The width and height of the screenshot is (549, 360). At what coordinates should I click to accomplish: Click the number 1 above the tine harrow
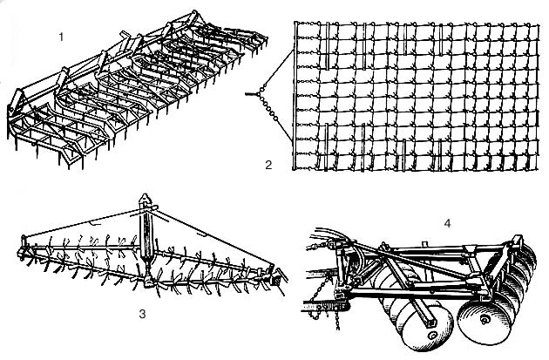click(59, 37)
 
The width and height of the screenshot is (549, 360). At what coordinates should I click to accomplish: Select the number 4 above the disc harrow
click(447, 224)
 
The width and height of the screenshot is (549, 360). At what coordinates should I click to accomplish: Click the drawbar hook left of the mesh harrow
click(249, 94)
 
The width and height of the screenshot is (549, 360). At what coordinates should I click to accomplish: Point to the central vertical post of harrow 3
click(146, 235)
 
